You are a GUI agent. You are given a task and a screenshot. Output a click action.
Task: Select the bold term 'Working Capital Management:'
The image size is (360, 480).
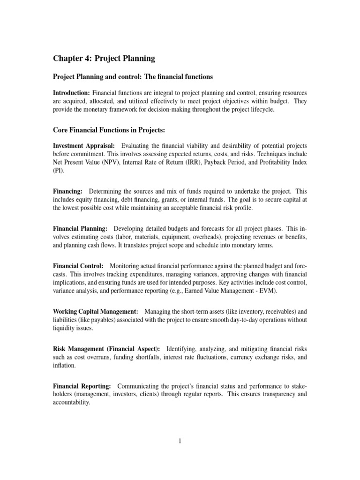(x=95, y=311)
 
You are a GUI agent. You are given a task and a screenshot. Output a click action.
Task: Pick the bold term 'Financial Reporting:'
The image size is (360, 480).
(x=82, y=386)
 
